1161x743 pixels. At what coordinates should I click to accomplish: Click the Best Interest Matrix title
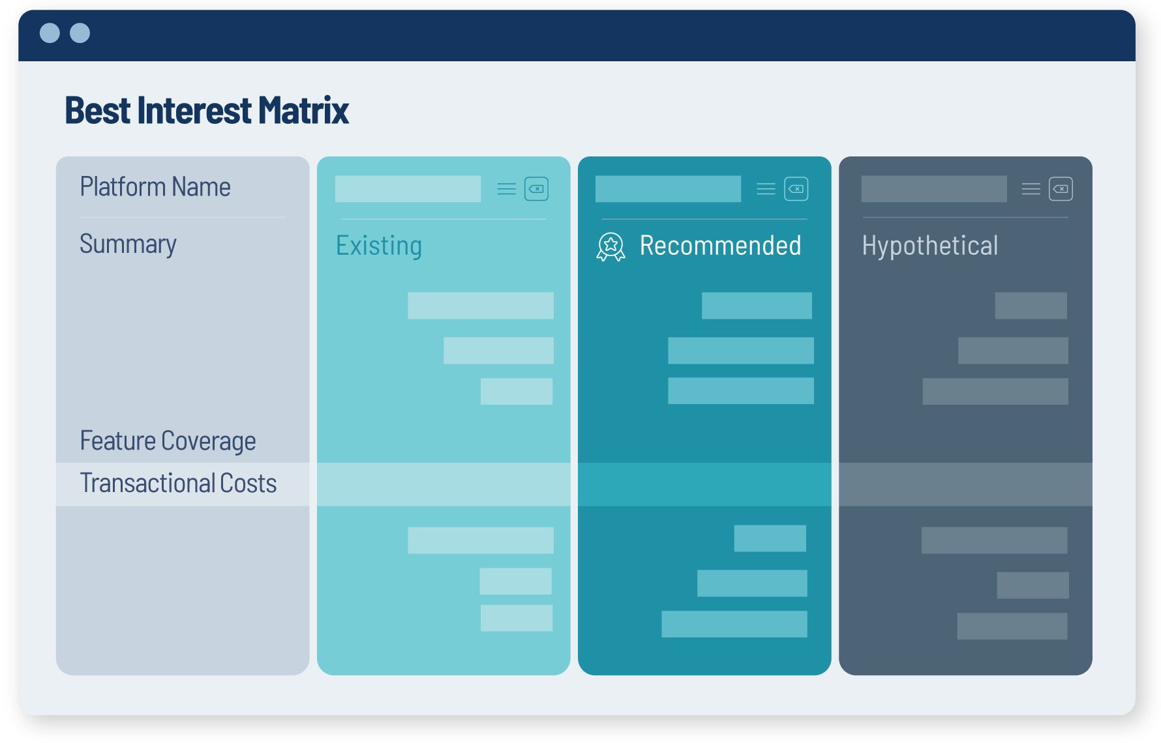tap(207, 110)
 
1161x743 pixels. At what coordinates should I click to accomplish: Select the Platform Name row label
tap(155, 187)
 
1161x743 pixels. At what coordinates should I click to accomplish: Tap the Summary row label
tap(128, 244)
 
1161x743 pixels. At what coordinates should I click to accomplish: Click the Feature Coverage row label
tap(168, 441)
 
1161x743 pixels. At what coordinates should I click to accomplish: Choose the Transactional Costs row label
tap(178, 484)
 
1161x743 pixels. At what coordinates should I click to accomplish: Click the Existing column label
tap(379, 246)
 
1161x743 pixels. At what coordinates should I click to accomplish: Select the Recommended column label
tap(720, 246)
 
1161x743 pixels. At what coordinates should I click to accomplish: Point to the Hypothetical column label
tap(929, 246)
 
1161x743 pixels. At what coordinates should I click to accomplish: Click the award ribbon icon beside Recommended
tap(611, 247)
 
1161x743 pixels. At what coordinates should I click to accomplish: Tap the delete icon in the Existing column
tap(536, 189)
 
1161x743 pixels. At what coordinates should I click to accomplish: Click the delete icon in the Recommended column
tap(796, 189)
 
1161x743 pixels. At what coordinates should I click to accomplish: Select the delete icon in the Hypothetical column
tap(1061, 189)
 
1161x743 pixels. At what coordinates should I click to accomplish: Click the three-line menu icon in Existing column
tap(506, 189)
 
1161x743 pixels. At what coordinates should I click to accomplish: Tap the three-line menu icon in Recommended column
tap(766, 189)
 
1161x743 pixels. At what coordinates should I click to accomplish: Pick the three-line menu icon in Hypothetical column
tap(1031, 189)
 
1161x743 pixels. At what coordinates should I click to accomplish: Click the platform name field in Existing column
tap(408, 189)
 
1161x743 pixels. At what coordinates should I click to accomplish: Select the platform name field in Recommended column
tap(668, 189)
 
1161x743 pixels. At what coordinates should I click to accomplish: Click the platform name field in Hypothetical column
tap(933, 189)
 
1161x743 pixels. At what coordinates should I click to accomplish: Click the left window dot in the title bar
tap(50, 33)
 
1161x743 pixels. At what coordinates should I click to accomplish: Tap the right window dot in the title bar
tap(80, 33)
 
